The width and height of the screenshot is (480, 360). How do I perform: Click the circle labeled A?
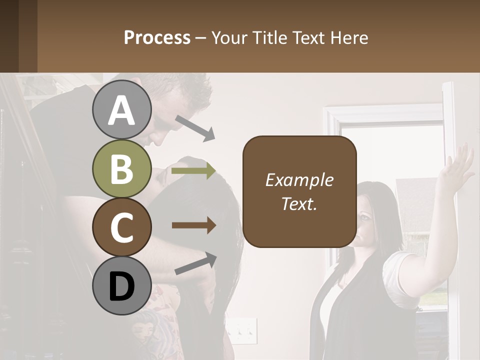click(x=122, y=111)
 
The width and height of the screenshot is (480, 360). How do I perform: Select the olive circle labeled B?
click(x=122, y=169)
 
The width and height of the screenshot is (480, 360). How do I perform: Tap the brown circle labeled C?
click(x=122, y=227)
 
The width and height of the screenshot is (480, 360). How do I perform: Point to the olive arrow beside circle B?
click(x=193, y=171)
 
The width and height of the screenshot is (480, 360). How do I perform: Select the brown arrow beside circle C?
click(x=193, y=225)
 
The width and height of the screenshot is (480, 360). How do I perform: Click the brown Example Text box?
click(x=299, y=191)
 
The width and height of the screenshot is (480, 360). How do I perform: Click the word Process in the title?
click(x=157, y=37)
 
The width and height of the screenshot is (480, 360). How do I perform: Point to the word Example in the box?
click(x=299, y=180)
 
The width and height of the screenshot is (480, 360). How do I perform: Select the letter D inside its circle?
click(x=122, y=286)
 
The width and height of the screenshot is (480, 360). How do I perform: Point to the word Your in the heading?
click(x=229, y=37)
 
